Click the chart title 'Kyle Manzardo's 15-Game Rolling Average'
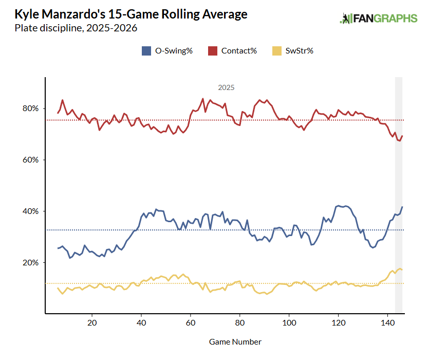point(131,14)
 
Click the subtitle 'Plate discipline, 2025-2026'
point(76,28)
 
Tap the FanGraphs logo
point(378,19)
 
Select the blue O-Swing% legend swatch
point(145,50)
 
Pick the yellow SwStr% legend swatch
point(277,50)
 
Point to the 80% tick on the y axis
point(30,109)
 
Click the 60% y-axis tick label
point(30,160)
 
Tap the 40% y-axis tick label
point(30,211)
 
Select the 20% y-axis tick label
point(30,263)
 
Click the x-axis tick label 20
point(92,322)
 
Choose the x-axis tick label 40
point(141,322)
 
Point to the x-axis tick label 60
point(191,322)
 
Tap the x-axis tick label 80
point(240,322)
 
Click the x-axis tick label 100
point(289,322)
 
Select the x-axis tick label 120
point(339,322)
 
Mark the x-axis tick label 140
point(388,322)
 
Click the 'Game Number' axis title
point(235,341)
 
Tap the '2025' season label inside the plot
point(226,88)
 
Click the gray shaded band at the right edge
point(398,195)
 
